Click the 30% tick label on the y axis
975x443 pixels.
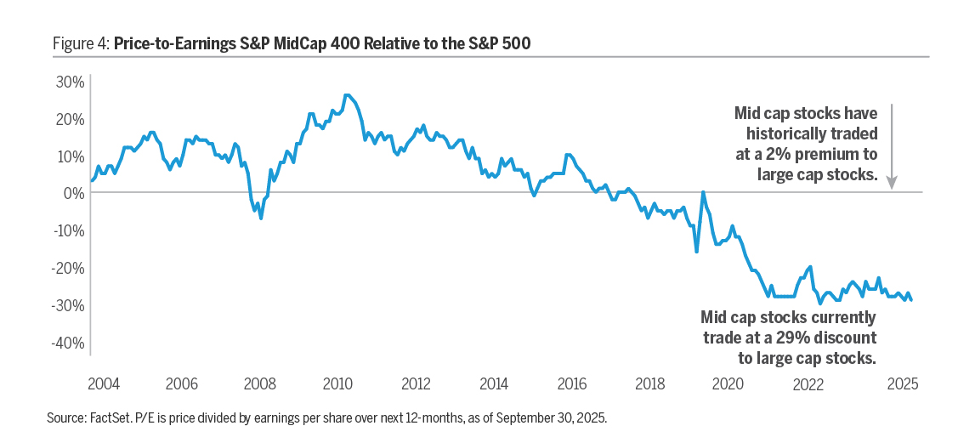click(70, 82)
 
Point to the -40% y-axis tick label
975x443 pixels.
click(68, 343)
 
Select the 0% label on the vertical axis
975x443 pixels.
click(74, 193)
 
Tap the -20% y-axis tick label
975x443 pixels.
click(68, 268)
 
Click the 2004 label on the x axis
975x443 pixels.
click(103, 383)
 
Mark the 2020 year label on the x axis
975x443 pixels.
click(728, 383)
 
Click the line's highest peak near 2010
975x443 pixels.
click(346, 95)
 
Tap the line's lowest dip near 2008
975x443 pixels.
click(261, 219)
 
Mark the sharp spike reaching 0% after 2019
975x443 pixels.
click(703, 192)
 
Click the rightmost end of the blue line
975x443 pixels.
click(911, 299)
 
